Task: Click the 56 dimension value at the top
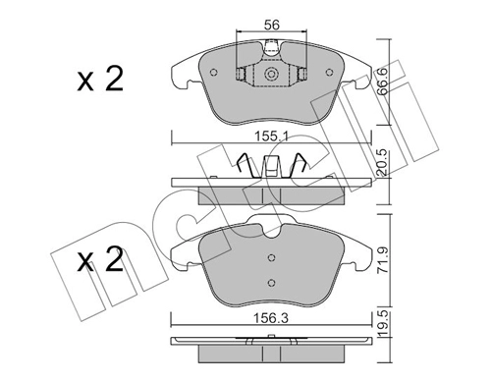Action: (272, 25)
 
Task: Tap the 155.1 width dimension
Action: (272, 136)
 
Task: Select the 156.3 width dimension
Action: (272, 318)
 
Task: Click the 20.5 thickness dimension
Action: (382, 163)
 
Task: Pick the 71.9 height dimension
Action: (382, 261)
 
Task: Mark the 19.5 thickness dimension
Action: (382, 325)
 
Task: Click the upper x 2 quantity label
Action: (100, 79)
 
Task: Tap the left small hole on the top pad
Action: (214, 73)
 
